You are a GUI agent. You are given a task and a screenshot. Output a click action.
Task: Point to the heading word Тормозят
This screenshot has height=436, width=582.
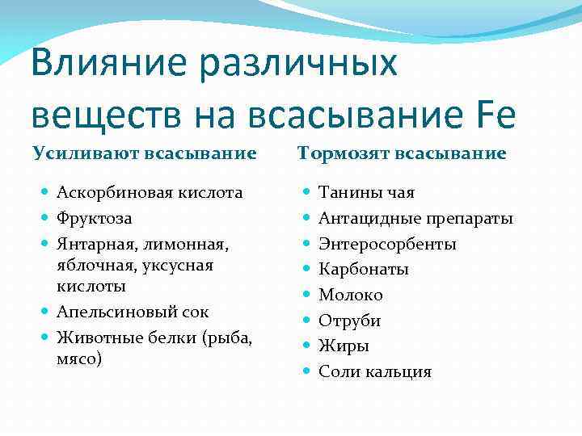point(339,153)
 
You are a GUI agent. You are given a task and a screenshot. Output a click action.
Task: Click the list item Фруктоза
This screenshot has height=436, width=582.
point(95,218)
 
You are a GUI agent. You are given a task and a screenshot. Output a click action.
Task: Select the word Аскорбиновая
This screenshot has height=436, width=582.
point(108,193)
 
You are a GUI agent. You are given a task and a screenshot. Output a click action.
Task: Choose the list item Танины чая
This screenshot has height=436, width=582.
point(366,193)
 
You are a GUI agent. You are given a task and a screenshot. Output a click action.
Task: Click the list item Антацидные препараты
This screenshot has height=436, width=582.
point(415,218)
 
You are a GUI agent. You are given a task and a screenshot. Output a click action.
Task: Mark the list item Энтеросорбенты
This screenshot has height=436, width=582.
point(387,244)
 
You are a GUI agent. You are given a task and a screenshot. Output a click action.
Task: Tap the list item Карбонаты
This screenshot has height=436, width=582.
point(363,269)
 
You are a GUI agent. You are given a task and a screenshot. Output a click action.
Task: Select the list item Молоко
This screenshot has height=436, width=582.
point(351,295)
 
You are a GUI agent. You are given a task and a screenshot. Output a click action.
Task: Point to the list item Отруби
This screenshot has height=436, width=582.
point(349,321)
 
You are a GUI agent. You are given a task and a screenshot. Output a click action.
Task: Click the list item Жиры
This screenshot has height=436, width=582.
point(344,346)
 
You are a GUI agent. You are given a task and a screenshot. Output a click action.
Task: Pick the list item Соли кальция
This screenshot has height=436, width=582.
point(375,371)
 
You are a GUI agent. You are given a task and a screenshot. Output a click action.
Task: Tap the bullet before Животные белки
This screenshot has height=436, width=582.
point(45,337)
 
